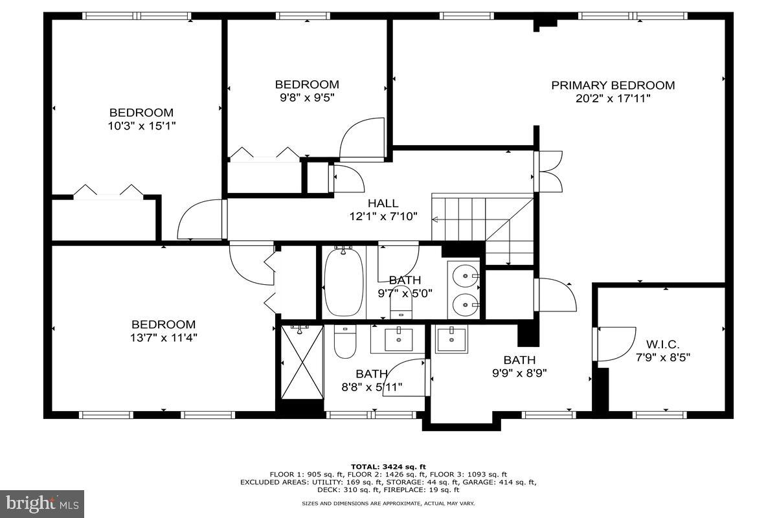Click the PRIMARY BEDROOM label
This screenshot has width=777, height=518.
tap(613, 85)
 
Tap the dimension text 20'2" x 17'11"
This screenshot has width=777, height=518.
tap(613, 98)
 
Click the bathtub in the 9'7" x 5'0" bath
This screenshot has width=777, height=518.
tap(343, 282)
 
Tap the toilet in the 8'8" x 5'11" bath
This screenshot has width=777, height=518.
tap(344, 341)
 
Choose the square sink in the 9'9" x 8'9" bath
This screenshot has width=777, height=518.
tap(451, 339)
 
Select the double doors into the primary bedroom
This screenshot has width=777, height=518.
tap(549, 172)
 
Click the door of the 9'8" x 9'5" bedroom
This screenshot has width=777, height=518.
tap(363, 139)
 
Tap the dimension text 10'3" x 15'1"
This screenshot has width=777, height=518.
tap(141, 126)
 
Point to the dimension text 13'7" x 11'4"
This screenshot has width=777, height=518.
tap(163, 337)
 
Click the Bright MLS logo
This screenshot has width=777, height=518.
tap(42, 503)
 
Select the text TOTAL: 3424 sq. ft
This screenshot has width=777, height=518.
tap(388, 466)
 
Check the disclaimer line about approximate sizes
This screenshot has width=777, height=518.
tap(388, 503)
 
